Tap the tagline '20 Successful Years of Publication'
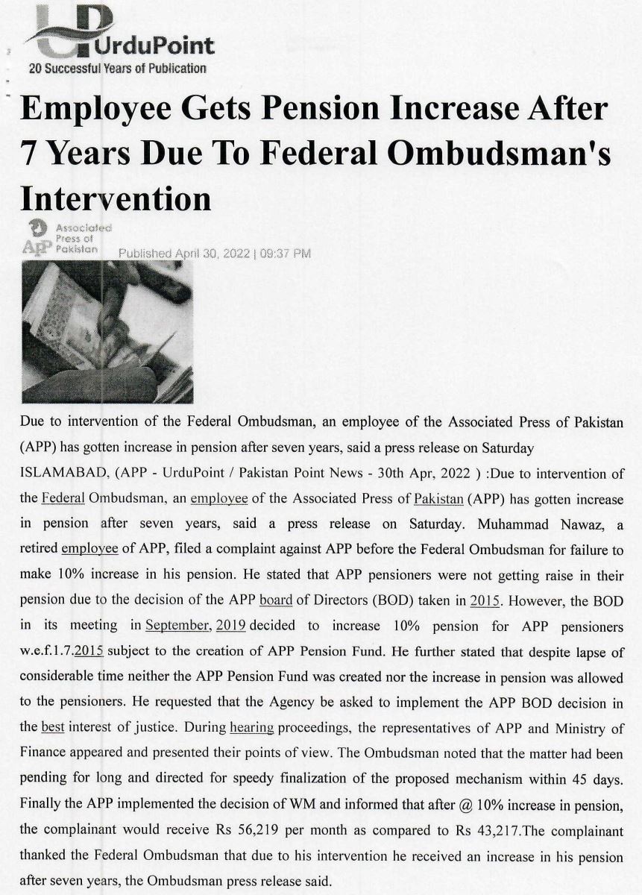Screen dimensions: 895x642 (x=117, y=69)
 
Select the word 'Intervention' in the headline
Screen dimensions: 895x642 (x=116, y=198)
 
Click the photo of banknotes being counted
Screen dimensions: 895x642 (x=107, y=332)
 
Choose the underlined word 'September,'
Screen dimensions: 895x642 (x=178, y=625)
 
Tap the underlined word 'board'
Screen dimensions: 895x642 (x=275, y=600)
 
